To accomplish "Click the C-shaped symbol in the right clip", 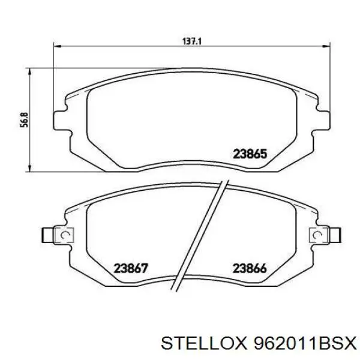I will coord(314,235).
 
